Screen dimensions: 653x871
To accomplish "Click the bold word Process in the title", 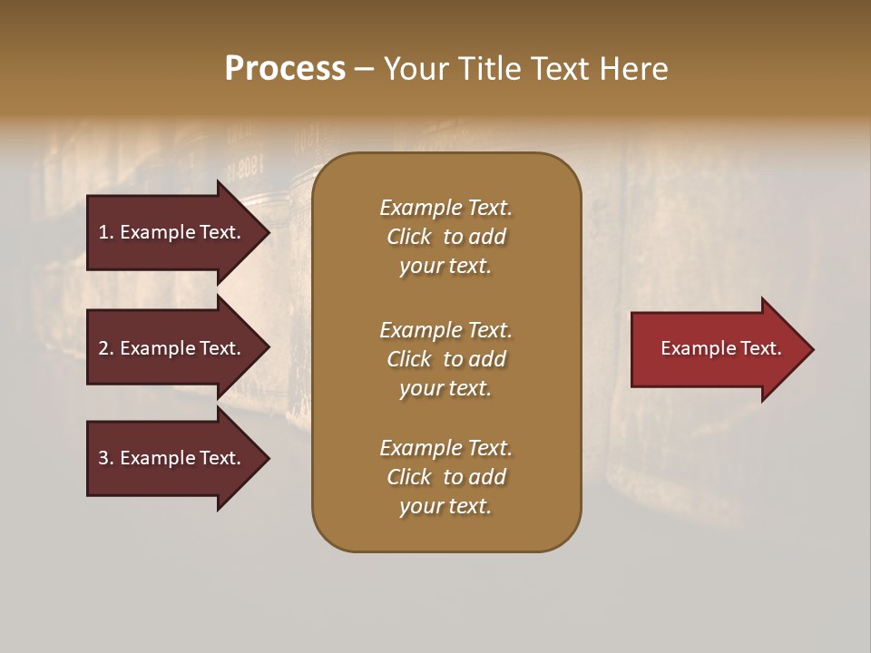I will [x=285, y=68].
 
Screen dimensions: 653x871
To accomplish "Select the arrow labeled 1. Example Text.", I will [x=172, y=232].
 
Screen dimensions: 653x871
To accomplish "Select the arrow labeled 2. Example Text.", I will [x=172, y=348].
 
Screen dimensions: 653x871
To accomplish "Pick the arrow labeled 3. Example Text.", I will [x=172, y=458].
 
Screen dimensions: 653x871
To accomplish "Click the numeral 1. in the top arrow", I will [x=106, y=232].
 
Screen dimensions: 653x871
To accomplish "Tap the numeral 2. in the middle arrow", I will [x=106, y=348].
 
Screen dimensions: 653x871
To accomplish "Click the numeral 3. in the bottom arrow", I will [x=106, y=458].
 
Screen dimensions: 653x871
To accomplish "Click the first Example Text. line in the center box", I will [x=445, y=208].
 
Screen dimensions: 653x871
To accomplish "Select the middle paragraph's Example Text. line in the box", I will [x=445, y=330].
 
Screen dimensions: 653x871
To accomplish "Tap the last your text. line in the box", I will [x=445, y=506].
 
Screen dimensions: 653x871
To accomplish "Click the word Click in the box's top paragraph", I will [x=409, y=237].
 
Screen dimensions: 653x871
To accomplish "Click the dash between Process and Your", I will [x=364, y=69].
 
